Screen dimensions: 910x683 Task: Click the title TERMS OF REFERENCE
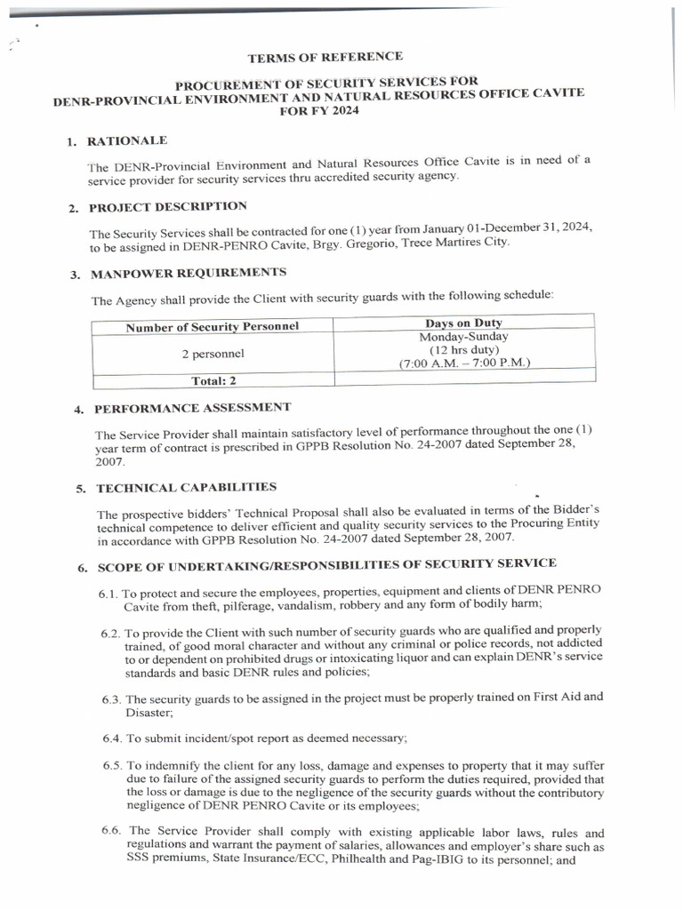coord(325,58)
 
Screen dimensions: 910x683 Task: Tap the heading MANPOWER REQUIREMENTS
coord(188,272)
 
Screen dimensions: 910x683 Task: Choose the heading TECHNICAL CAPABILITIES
coord(186,488)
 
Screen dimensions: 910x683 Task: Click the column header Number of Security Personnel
coord(212,326)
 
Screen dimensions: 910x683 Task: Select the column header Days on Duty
coord(463,323)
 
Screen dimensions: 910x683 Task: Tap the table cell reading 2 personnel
coord(213,354)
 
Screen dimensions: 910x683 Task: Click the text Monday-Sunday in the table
coord(463,337)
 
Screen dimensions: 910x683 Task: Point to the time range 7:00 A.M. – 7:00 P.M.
coord(463,363)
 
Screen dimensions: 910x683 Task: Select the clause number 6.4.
coord(111,738)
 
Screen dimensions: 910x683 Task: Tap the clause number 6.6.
coord(111,830)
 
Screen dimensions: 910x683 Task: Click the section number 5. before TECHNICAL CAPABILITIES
coord(81,489)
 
